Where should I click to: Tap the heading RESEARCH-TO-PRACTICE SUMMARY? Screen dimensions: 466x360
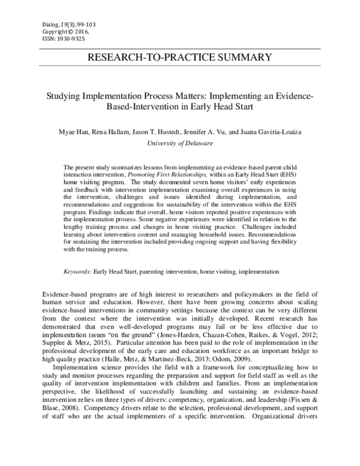179,58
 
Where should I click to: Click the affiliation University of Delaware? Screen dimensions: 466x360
179,144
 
